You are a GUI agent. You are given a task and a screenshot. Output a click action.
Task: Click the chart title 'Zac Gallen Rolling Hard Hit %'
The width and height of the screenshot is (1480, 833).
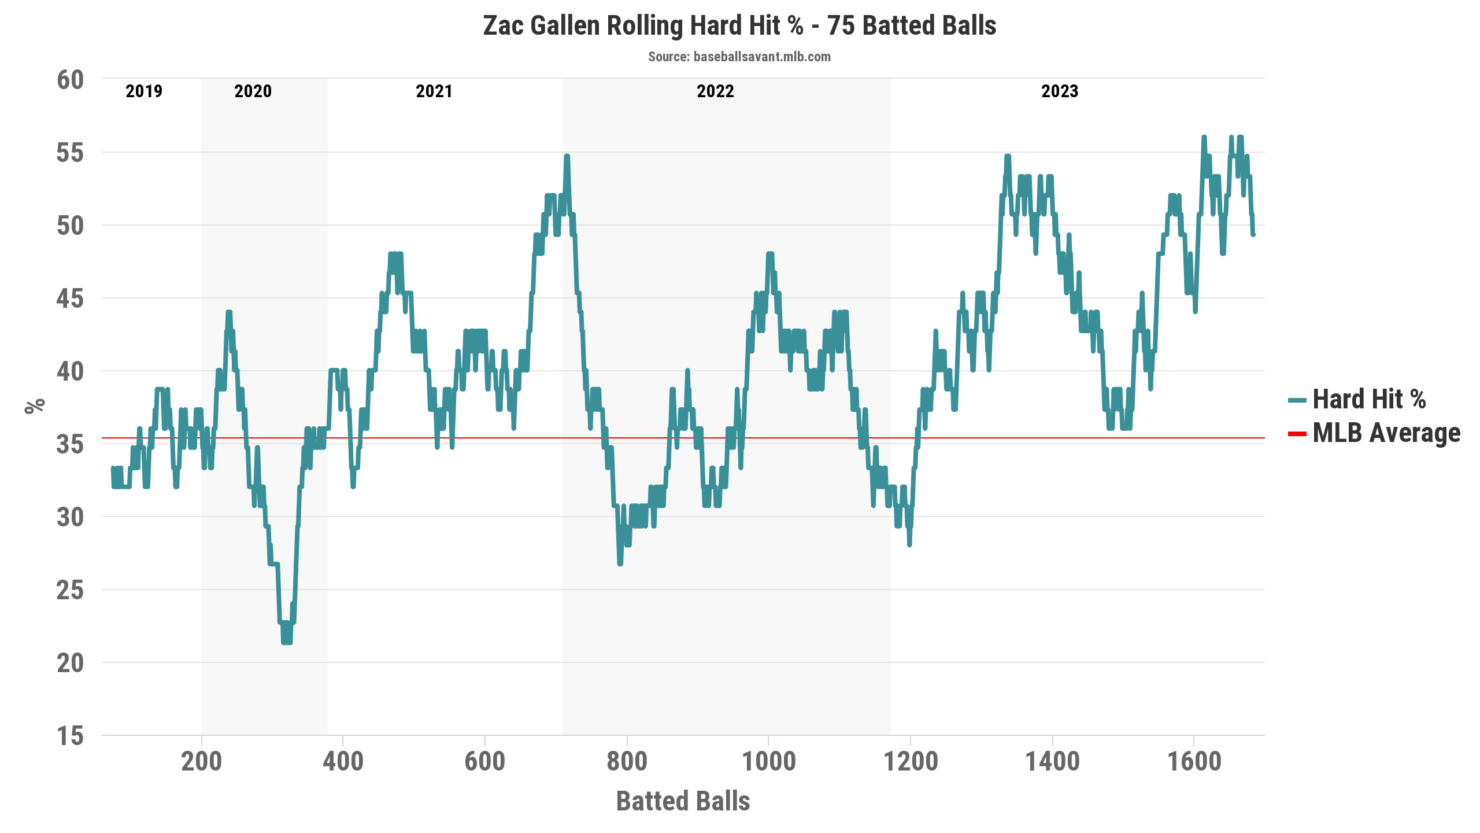pos(739,26)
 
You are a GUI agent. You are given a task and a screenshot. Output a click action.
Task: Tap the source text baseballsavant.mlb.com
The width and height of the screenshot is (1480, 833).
pos(739,57)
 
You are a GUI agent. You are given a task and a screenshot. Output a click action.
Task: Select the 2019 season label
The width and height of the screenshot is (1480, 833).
pos(144,91)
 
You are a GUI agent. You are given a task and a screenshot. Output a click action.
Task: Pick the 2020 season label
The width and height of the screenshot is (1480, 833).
pos(253,91)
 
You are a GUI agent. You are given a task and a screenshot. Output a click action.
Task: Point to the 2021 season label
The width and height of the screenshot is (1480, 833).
pos(434,91)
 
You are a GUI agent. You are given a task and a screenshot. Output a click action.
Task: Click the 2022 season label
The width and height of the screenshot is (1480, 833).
pos(715,91)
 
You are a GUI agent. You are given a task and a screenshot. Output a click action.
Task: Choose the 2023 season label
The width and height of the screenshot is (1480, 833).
pos(1059,91)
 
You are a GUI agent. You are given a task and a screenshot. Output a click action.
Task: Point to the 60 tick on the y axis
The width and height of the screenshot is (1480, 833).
pos(70,80)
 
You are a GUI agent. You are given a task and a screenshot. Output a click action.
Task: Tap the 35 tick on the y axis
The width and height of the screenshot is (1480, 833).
pos(70,444)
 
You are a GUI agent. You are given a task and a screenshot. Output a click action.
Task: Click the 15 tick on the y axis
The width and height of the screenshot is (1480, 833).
pos(70,736)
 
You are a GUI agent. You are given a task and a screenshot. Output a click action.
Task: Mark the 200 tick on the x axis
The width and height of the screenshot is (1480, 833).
pos(201,761)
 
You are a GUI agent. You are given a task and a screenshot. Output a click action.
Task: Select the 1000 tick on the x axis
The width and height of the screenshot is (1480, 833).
pos(768,761)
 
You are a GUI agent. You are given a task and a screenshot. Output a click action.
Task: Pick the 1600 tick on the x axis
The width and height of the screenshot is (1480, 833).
pos(1194,761)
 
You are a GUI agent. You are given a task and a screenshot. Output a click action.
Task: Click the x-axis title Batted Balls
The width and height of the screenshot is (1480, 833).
pos(683,801)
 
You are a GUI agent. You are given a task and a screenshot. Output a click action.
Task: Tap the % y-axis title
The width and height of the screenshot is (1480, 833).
pos(35,406)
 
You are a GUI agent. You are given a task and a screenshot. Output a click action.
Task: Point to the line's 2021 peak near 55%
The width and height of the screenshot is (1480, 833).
pos(567,156)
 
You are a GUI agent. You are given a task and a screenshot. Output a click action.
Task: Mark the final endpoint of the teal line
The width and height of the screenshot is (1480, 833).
pos(1253,234)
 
